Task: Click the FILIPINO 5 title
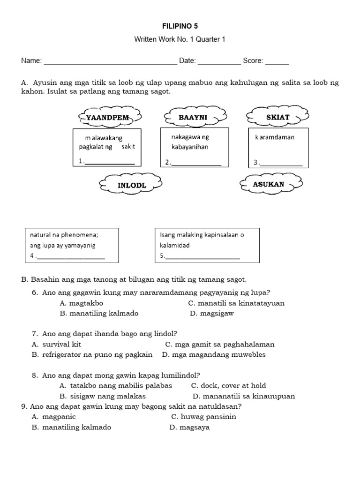point(180,26)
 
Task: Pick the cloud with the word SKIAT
point(278,117)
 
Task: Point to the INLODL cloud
point(132,185)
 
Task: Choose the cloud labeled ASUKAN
point(268,184)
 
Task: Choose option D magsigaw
point(211,314)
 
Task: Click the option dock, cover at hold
point(228,385)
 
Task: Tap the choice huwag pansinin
point(203,416)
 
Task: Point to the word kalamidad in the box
point(175,246)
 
